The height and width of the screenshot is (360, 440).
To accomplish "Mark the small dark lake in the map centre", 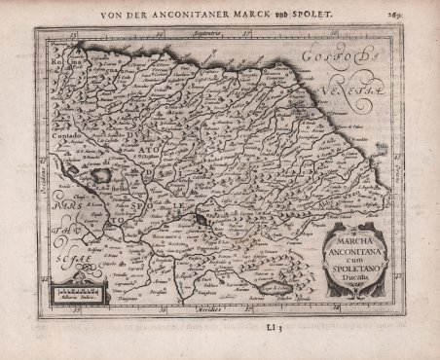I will (x=202, y=221).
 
